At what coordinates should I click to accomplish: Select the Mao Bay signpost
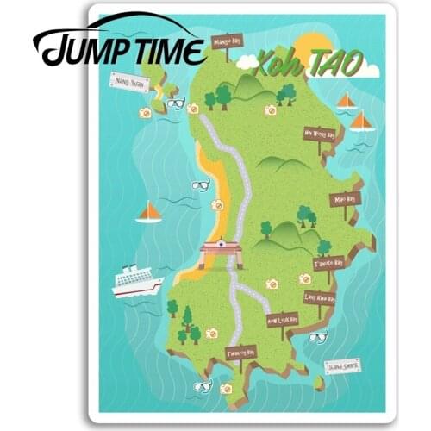(x=343, y=198)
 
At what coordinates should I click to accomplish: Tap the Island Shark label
(x=343, y=365)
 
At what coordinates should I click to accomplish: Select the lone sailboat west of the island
(x=150, y=211)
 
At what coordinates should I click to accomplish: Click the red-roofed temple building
(x=221, y=251)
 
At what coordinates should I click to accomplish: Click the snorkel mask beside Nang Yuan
(x=176, y=103)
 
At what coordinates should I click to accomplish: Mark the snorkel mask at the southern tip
(x=203, y=385)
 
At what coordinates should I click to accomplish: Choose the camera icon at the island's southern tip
(x=226, y=388)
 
